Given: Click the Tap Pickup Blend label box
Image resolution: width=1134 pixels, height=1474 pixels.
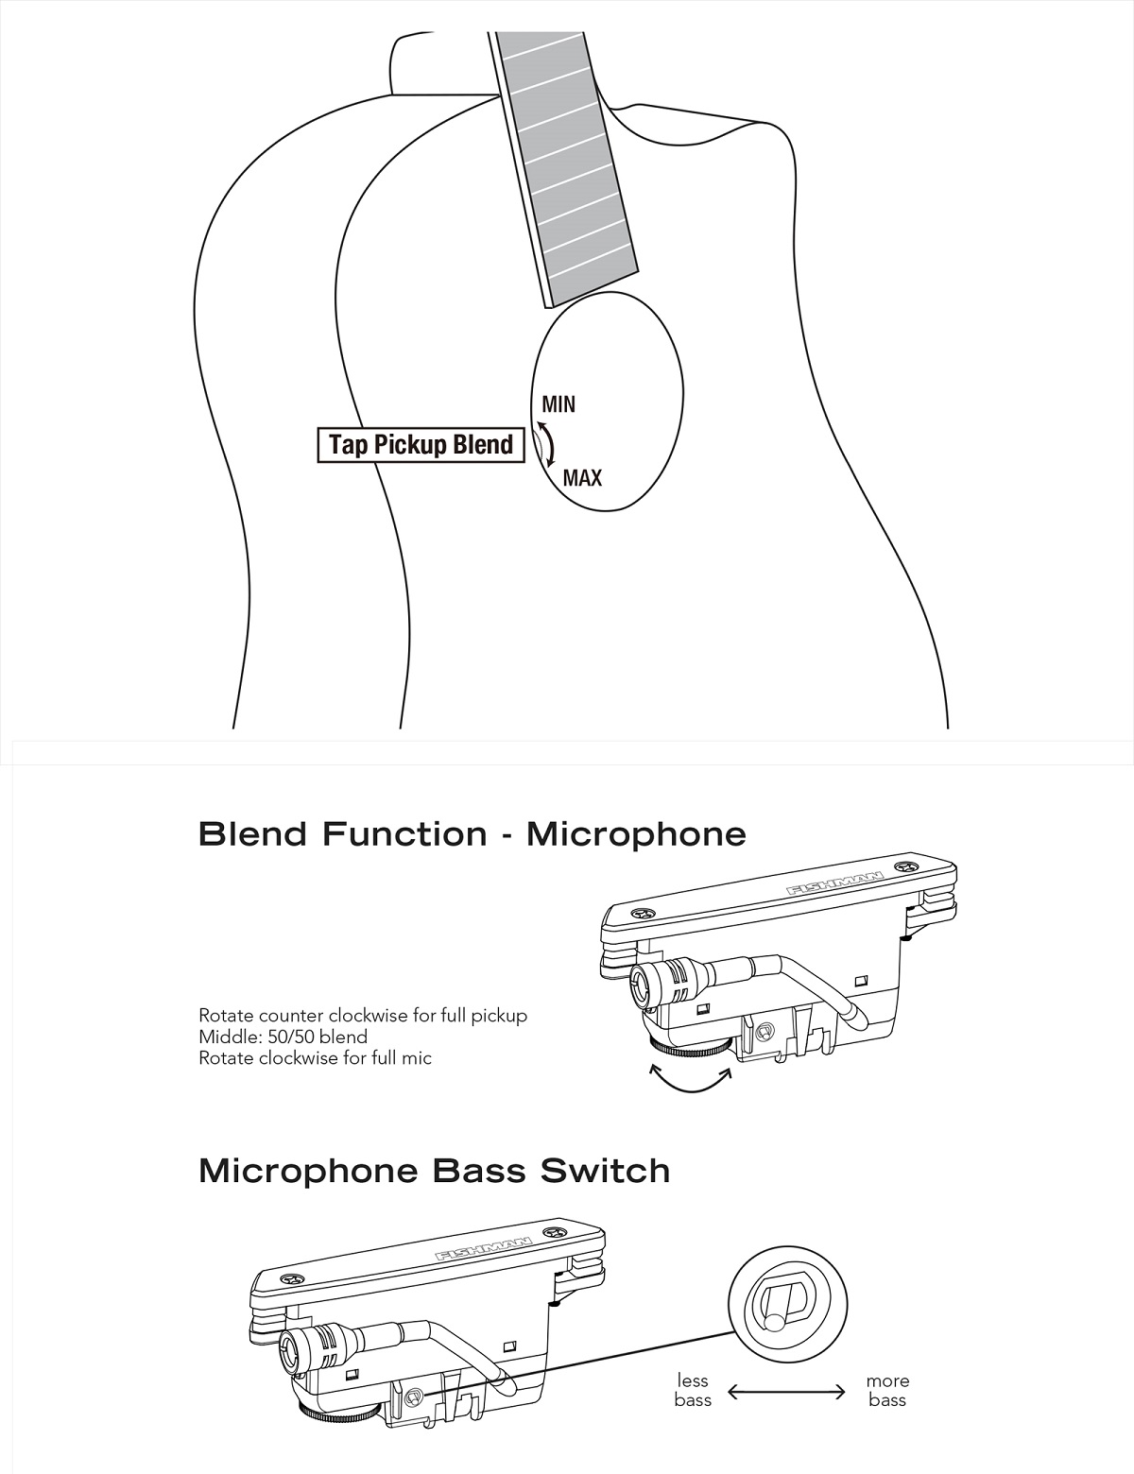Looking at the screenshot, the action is pos(421,445).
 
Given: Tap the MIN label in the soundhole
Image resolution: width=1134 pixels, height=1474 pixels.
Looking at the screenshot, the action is pos(558,404).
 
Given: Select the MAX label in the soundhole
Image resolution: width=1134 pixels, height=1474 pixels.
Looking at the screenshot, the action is pos(582,478).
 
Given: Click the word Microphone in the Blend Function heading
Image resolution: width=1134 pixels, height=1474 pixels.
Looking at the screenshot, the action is pos(636,833).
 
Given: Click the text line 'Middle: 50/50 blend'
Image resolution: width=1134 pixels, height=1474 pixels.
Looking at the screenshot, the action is pos(283,1037).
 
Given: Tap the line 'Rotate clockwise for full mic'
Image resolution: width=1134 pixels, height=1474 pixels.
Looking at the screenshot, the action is pos(315,1057).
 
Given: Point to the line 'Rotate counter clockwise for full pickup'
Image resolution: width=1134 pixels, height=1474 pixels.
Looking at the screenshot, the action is pos(363,1016).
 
